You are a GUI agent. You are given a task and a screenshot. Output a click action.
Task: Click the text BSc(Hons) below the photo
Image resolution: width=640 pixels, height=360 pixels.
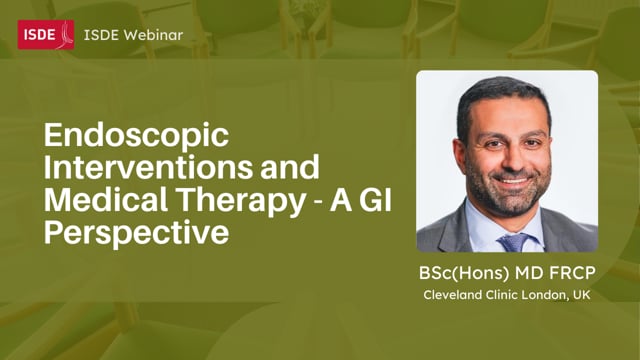tap(462, 270)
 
